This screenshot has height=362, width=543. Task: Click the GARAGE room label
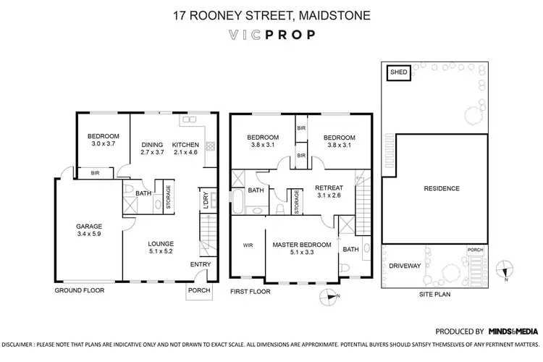pos(90,226)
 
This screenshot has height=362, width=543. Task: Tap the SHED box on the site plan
pos(400,72)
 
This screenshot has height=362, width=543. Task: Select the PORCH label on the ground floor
pos(198,290)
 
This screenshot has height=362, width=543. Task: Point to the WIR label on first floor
pos(247,245)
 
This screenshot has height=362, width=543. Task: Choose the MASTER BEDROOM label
pos(301,245)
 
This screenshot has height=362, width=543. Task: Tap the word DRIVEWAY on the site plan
pos(405,266)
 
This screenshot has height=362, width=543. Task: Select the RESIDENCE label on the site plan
pos(441,189)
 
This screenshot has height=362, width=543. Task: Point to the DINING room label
pos(152,144)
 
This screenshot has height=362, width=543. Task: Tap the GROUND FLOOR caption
pos(80,290)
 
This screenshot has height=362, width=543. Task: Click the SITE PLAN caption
pos(436,295)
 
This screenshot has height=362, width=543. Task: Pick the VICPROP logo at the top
pos(271,34)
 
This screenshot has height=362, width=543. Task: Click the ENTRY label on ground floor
pos(200,265)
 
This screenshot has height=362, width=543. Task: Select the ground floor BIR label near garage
pos(95,174)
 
